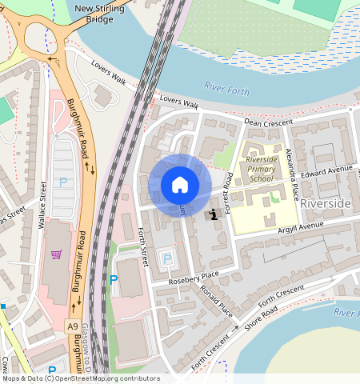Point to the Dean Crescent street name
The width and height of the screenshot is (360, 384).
click(264, 122)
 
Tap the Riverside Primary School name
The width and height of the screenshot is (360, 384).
click(261, 170)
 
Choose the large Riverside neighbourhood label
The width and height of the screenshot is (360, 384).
click(325, 204)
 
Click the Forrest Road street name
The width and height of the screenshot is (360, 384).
click(228, 187)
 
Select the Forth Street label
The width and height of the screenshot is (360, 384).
click(142, 246)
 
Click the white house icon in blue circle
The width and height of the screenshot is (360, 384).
click(180, 186)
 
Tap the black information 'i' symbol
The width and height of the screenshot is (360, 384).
click(214, 214)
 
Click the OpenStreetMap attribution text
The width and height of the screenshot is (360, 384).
click(80, 378)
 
